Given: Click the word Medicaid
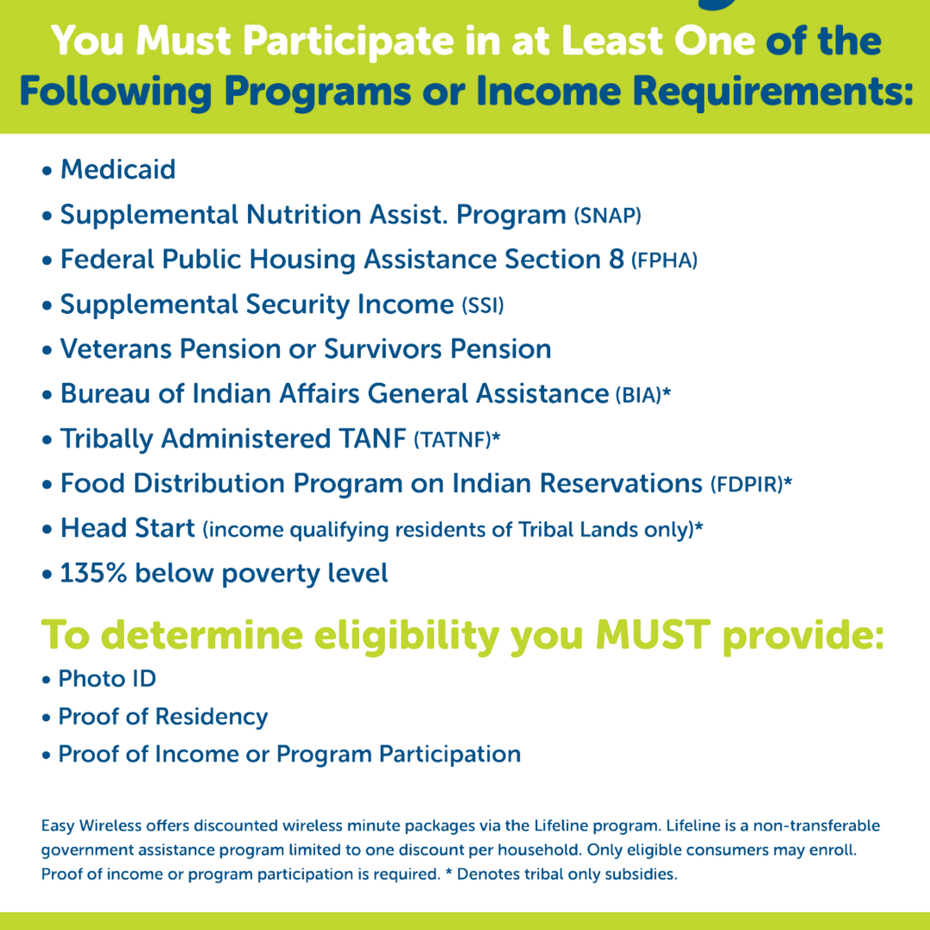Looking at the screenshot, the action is pos(118,169).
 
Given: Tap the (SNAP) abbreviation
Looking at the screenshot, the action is pos(607,216).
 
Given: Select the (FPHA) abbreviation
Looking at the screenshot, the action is pos(664,260).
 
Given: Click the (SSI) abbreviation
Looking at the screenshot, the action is pos(483,305).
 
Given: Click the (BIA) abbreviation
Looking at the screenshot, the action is pos(638,395).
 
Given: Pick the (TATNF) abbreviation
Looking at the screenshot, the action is pos(452,439).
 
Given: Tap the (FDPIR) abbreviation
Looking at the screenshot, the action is pos(747,484).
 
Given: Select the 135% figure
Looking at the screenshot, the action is pos(93,573).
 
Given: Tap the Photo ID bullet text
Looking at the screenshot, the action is pos(107,678).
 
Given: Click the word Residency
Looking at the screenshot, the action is pos(211,717).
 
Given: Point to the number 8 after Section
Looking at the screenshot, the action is pos(616,259).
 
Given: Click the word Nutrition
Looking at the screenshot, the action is pos(304,214).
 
